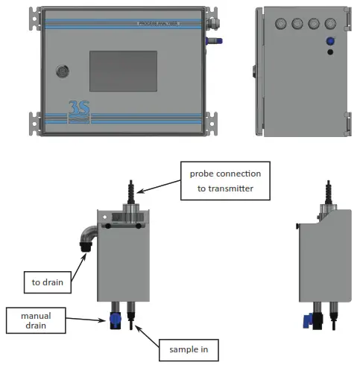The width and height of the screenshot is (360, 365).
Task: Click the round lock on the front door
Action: (63, 72)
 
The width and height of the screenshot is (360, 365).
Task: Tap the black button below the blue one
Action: (329, 54)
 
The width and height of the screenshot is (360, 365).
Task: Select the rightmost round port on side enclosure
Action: (329, 23)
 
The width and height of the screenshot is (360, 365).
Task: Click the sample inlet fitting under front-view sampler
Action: (131, 317)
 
